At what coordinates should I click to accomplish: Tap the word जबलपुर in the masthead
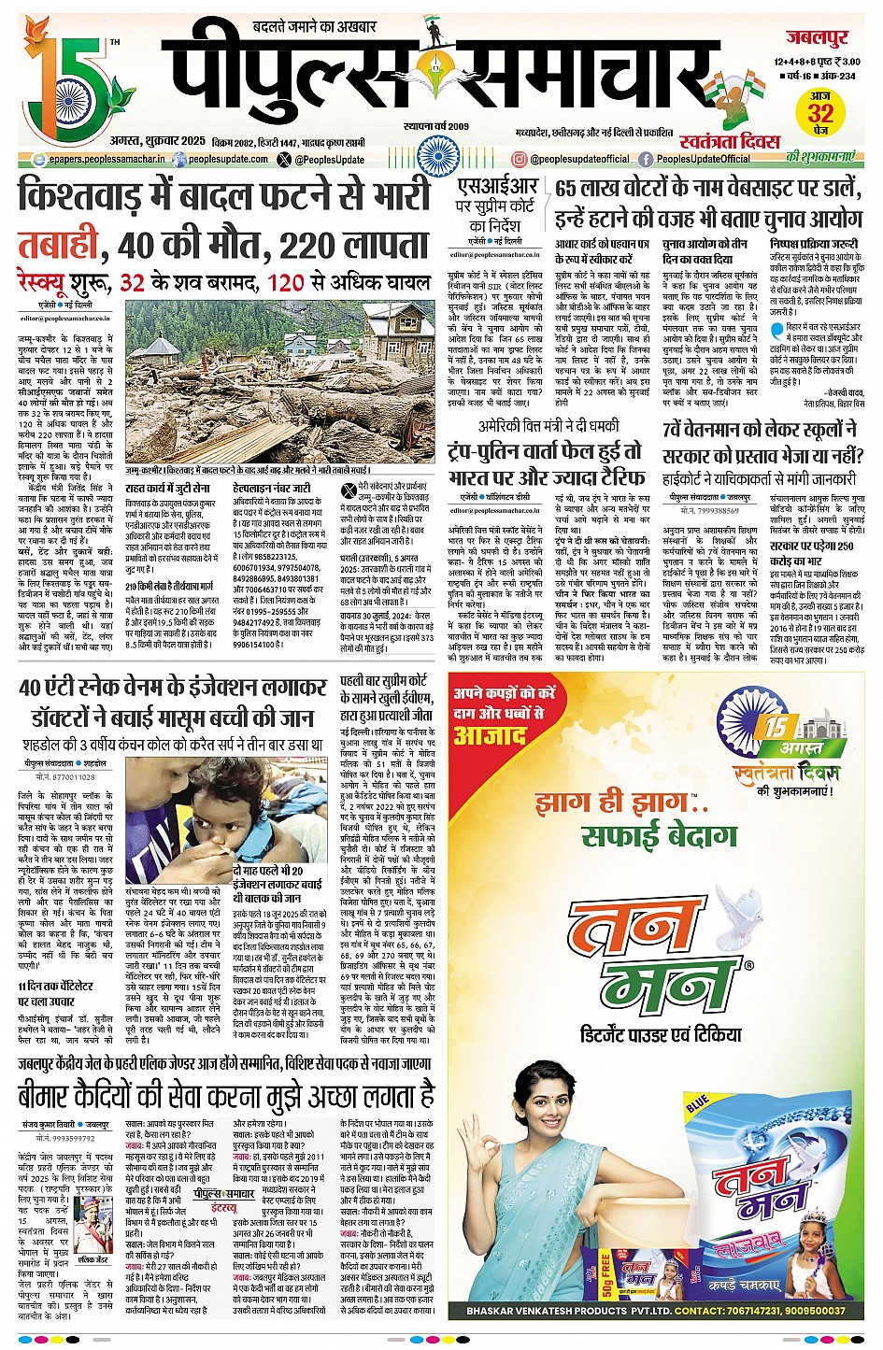[816, 39]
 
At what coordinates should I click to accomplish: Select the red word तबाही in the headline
[58, 246]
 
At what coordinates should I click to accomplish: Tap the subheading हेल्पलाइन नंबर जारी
[271, 488]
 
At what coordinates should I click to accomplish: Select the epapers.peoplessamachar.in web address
[107, 160]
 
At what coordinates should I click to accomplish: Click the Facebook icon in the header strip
[645, 160]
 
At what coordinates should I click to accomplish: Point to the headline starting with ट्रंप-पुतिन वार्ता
[545, 449]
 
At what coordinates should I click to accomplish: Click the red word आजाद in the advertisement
[491, 735]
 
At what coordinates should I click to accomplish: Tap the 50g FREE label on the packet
[607, 1272]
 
